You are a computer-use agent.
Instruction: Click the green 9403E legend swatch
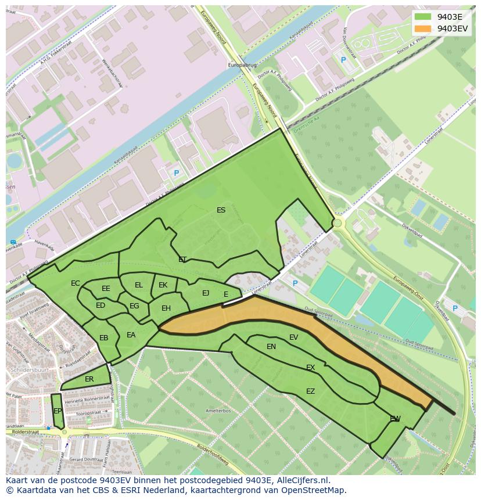coord(423,17)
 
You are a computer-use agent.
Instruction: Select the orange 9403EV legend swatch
coord(423,28)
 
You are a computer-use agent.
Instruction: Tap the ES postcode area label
coord(221,210)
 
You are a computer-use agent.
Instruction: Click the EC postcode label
coord(76,283)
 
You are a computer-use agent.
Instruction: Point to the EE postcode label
coord(106,289)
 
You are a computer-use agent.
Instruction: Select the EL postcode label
coord(139,285)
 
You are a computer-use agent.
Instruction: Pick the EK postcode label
coord(163,285)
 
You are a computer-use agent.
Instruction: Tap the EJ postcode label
coord(206,293)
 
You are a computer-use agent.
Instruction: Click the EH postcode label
coord(166,308)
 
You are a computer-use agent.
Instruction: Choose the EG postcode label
coord(134,306)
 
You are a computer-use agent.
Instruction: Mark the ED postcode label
coord(100,305)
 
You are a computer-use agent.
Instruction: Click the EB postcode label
coord(104,338)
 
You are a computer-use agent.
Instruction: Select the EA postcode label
coord(131,335)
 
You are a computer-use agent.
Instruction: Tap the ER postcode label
coord(89,379)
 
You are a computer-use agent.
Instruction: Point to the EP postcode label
coord(58,411)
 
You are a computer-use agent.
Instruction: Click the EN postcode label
coord(271,347)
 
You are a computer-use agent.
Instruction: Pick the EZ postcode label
coord(311,391)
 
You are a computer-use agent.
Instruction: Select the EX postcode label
coord(311,368)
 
